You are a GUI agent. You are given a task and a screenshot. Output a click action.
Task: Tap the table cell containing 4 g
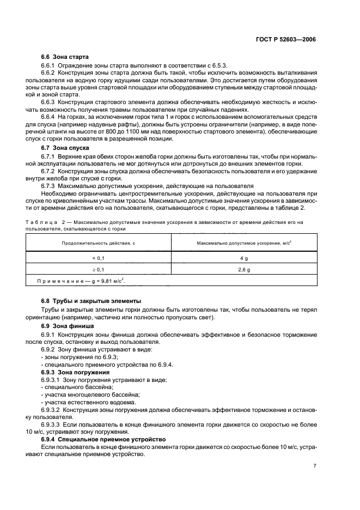(x=245, y=258)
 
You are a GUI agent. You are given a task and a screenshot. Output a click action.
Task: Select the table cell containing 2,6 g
(x=245, y=269)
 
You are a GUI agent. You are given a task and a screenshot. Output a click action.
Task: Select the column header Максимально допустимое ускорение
(x=245, y=243)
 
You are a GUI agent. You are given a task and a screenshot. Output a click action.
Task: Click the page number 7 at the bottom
(x=315, y=466)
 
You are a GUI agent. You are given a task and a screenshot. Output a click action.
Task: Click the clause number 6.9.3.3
(x=52, y=424)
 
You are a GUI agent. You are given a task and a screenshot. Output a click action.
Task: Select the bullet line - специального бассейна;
(x=74, y=386)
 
